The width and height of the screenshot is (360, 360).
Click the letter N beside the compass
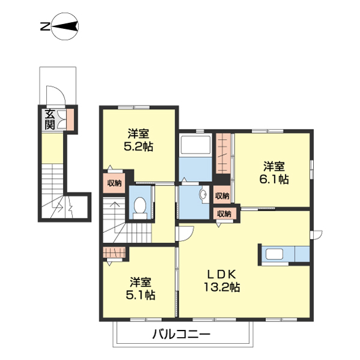click(x=44, y=27)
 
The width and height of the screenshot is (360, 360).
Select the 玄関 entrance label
click(x=50, y=119)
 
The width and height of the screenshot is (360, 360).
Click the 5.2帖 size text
click(x=138, y=146)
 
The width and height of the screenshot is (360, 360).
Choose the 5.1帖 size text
click(x=140, y=295)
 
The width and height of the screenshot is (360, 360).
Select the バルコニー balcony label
click(x=181, y=334)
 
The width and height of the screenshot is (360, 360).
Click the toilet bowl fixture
click(x=140, y=205)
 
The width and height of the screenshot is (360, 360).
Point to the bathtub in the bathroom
click(x=194, y=146)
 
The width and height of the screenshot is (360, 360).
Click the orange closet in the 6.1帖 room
click(x=223, y=153)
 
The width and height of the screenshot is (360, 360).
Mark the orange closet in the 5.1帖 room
click(x=114, y=253)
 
